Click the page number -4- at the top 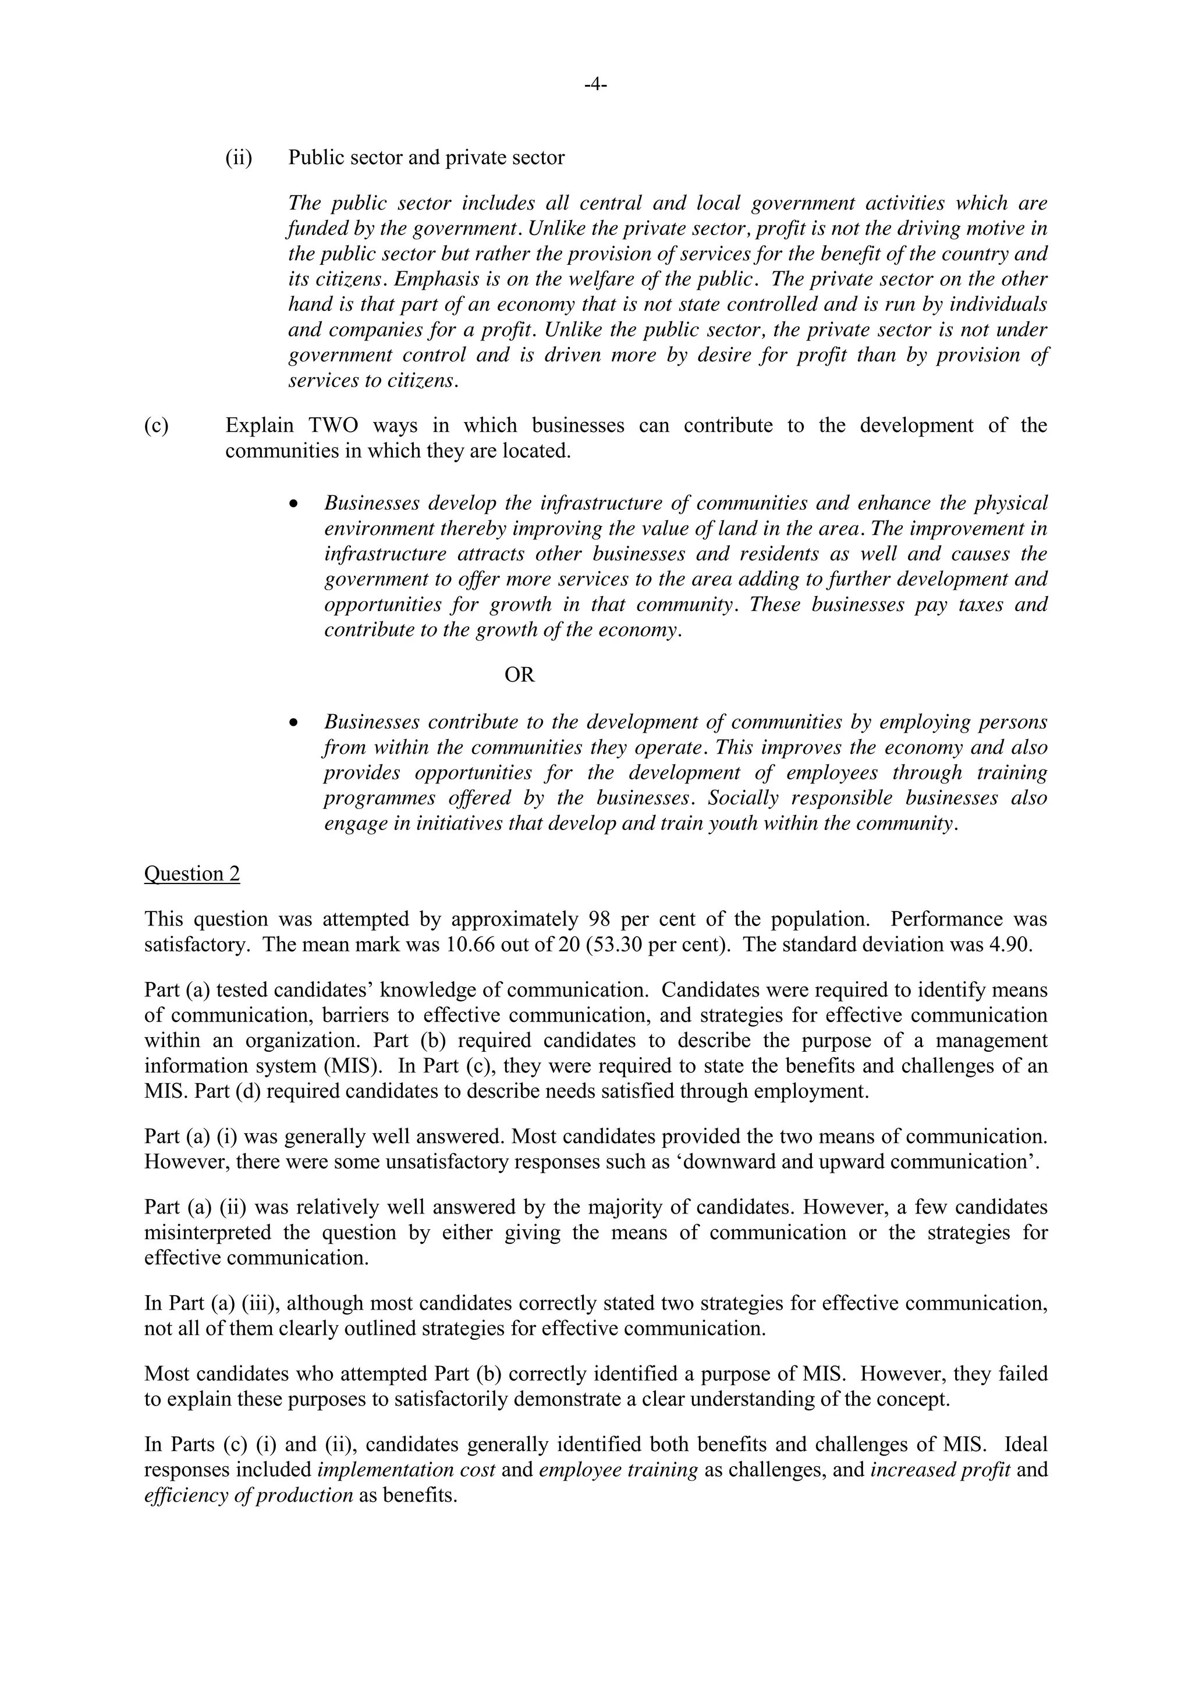[595, 86]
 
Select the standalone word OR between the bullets [520, 675]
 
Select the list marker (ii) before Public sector [239, 158]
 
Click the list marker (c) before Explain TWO [157, 425]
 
